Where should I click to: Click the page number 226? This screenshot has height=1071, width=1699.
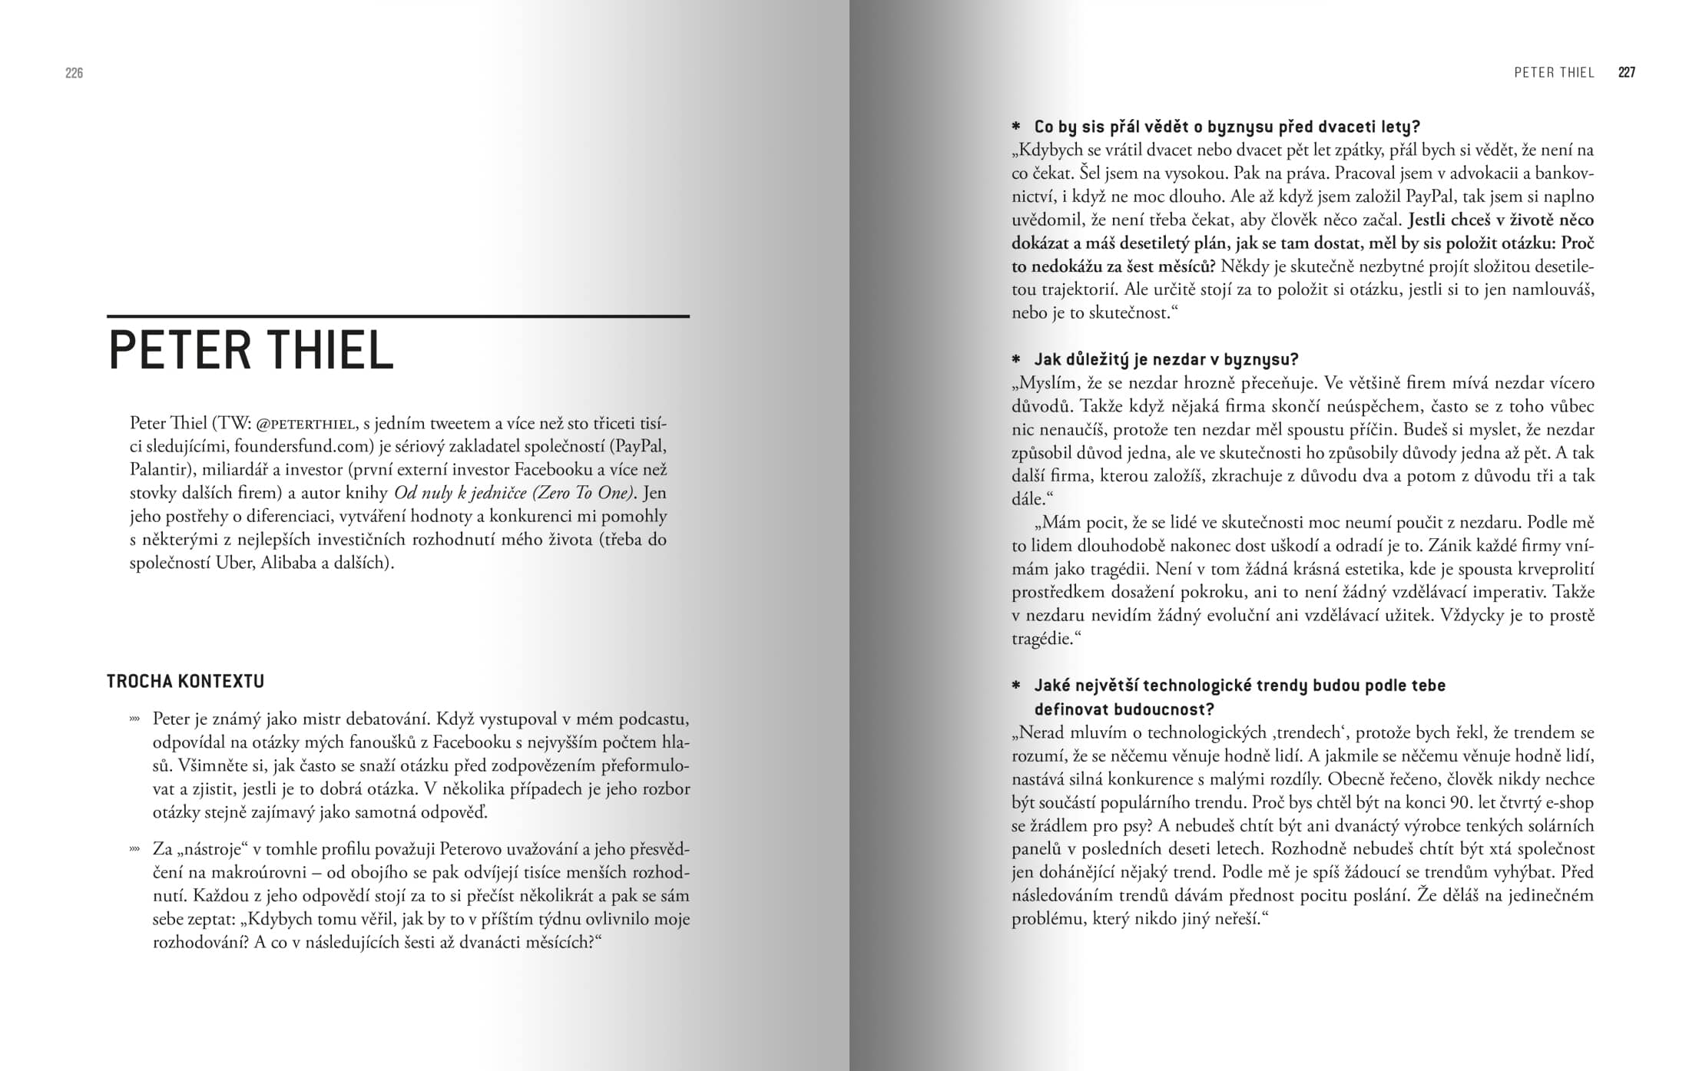[74, 73]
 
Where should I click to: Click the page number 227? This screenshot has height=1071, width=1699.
[1626, 73]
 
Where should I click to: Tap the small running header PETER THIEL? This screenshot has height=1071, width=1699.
[1554, 73]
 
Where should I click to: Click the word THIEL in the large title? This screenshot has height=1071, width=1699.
[330, 351]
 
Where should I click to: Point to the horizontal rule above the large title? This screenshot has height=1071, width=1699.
[398, 316]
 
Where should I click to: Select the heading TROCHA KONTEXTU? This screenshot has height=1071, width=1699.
[185, 681]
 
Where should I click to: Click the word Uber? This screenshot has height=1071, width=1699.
[234, 563]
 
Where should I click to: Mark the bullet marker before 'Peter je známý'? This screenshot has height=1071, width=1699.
[134, 719]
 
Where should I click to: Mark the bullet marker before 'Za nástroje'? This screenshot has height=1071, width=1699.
[134, 849]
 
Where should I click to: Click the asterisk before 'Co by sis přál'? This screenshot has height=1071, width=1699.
[1016, 127]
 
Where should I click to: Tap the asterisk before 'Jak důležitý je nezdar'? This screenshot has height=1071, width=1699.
[1016, 359]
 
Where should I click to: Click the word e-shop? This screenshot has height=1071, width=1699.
[1568, 803]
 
